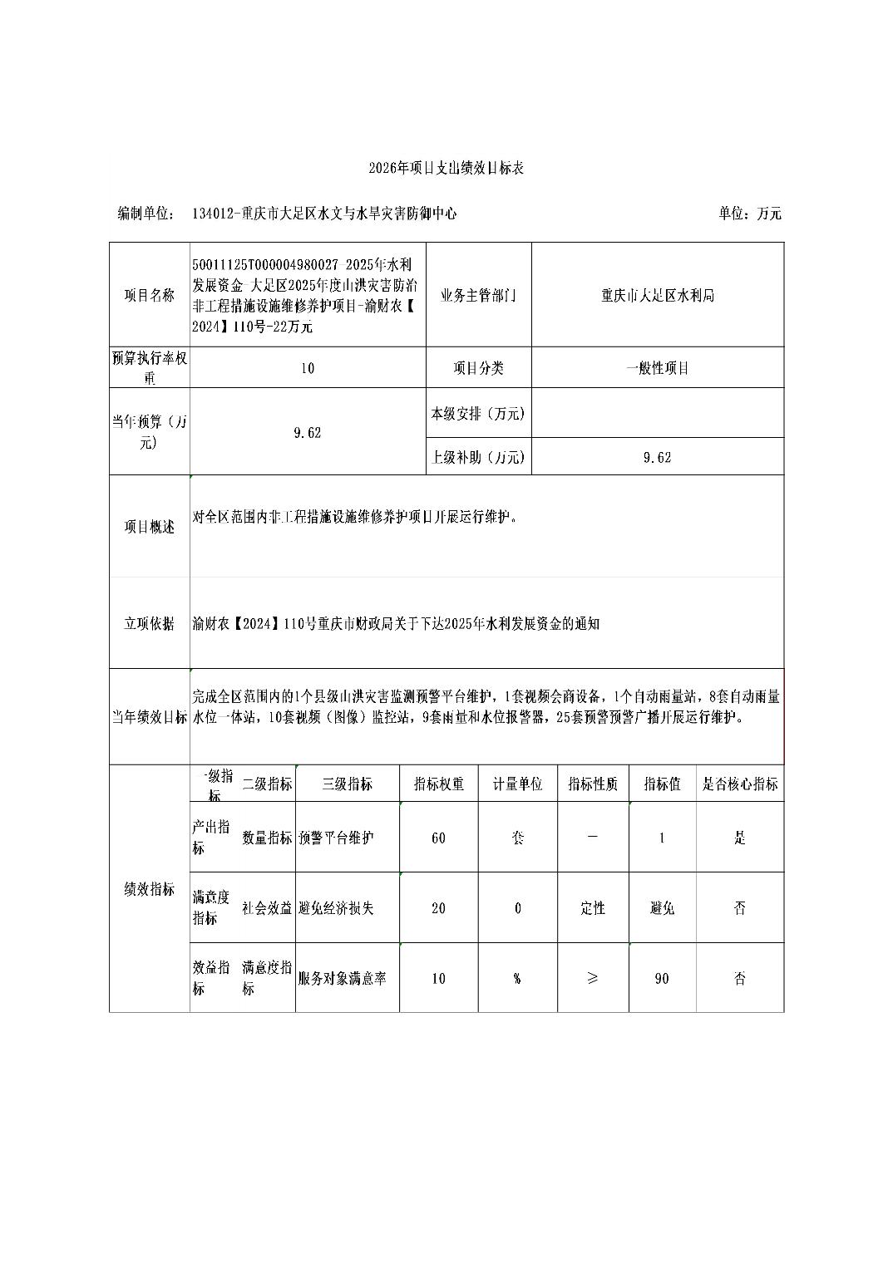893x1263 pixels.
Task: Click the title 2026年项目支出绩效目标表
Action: (x=446, y=168)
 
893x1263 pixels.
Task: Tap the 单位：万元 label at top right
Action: (x=749, y=214)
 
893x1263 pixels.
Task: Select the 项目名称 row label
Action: (x=150, y=295)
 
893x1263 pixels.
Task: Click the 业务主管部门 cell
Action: (x=478, y=295)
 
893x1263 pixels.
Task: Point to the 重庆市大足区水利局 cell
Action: (x=657, y=295)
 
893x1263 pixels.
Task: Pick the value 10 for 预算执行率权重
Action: (x=308, y=368)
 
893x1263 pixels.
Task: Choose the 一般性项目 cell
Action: (x=657, y=368)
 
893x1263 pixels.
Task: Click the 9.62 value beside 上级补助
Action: (x=657, y=457)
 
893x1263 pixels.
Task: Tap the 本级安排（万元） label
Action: (x=478, y=413)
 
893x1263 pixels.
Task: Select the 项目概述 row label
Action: (x=150, y=527)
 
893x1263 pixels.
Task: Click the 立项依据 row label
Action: (x=150, y=623)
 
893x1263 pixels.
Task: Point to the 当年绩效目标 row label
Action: (x=150, y=717)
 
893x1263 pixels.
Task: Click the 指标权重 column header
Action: (x=438, y=784)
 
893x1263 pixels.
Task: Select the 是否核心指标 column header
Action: (x=740, y=784)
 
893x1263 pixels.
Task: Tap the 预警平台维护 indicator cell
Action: (x=337, y=838)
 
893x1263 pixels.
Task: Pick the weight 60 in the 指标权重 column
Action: (x=438, y=838)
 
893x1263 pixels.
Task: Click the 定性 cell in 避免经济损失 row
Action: (x=592, y=908)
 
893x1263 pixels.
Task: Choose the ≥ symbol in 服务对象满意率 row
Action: (x=592, y=978)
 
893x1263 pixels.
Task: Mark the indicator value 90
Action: (x=662, y=978)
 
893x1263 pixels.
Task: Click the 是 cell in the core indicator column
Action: (x=740, y=838)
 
